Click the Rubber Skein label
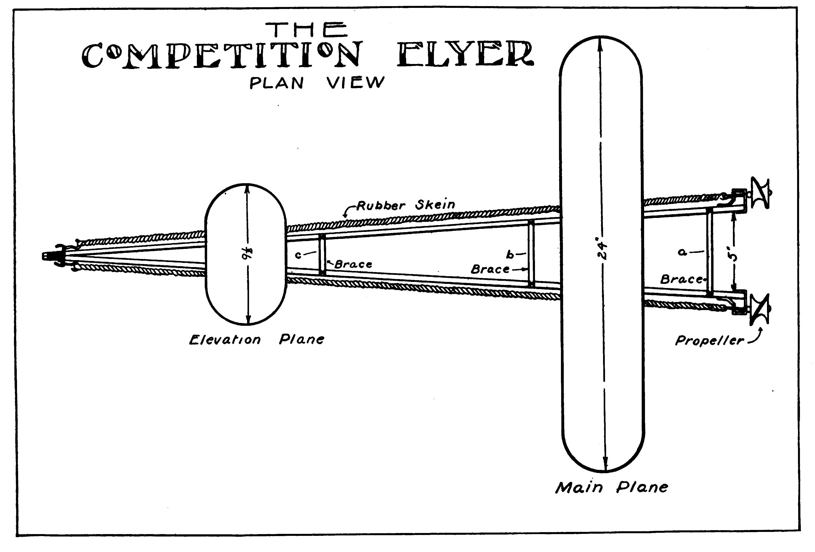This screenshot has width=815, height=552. tap(406, 205)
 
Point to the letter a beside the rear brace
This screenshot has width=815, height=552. tap(682, 252)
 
